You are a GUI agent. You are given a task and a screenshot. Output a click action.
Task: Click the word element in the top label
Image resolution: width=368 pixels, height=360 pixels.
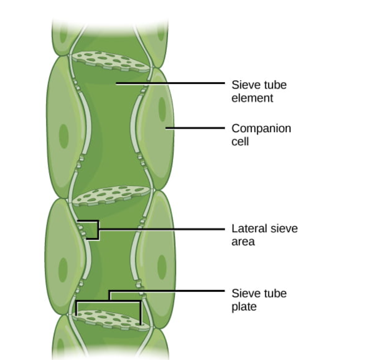[x=252, y=98]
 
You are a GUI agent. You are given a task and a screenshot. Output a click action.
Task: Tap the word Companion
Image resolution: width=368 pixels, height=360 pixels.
[x=261, y=128]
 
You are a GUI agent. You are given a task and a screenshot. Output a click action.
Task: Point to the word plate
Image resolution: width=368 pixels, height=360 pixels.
[x=244, y=307]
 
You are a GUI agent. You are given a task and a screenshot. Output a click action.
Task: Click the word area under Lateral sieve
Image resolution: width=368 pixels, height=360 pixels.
[x=243, y=241]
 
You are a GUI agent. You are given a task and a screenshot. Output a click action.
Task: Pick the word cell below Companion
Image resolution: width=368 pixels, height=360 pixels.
[x=240, y=142]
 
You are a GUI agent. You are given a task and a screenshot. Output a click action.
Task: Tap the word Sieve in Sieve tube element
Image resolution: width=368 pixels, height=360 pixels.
[x=244, y=85]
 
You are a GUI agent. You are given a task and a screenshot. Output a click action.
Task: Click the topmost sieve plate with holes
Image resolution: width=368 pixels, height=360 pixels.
[x=110, y=61]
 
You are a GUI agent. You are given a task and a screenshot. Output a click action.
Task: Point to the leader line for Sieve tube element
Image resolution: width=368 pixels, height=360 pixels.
[x=171, y=83]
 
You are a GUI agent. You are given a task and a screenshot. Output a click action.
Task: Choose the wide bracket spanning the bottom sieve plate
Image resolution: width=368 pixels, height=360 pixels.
[x=108, y=300]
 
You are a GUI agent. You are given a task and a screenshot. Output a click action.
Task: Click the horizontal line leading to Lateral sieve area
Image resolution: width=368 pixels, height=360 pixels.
[x=163, y=229]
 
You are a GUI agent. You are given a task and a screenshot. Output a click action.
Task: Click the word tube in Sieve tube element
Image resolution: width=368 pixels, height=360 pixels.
[x=274, y=85]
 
